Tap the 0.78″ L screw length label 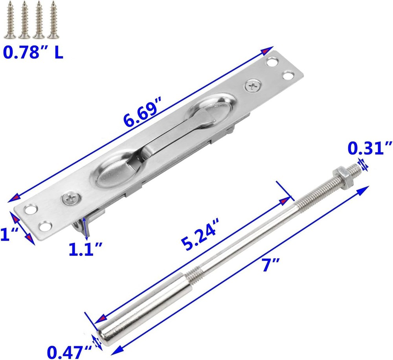coord(33,52)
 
